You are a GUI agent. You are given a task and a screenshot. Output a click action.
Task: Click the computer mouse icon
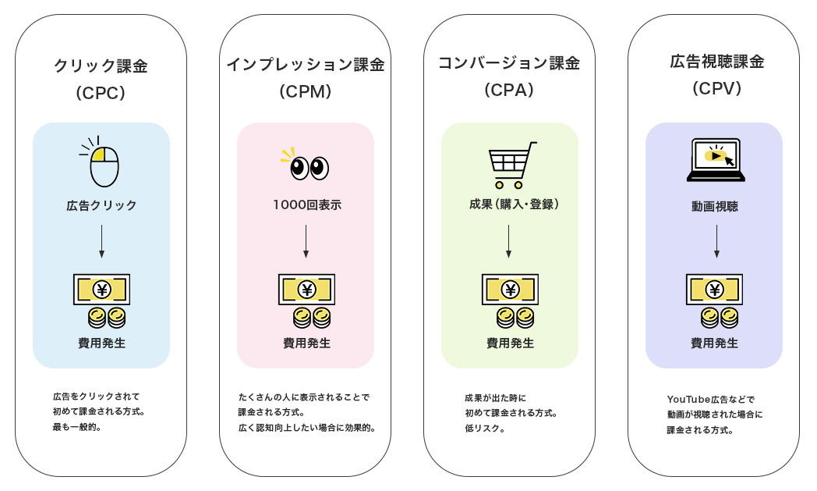[x=103, y=164]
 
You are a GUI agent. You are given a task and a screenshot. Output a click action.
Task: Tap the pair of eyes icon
[x=308, y=165]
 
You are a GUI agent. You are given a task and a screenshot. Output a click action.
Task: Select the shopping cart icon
[x=511, y=165]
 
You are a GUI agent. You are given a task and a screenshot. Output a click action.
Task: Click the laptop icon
[x=716, y=160]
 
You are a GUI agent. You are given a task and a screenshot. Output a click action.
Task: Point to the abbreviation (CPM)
[x=306, y=92]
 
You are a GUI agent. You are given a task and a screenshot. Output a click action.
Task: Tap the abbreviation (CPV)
[x=716, y=89]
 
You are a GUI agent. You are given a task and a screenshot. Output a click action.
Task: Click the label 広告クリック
[x=101, y=205]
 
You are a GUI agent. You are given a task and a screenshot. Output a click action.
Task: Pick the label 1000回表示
[x=306, y=205]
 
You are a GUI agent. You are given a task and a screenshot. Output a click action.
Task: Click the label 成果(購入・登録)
[x=510, y=205]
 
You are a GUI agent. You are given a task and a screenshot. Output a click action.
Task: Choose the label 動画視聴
[x=715, y=207]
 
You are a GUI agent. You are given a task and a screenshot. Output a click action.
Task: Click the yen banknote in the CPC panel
[x=101, y=290]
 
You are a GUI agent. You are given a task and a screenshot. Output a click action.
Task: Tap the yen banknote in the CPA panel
[x=510, y=290]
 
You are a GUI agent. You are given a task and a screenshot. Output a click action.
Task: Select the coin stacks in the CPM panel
[x=312, y=317]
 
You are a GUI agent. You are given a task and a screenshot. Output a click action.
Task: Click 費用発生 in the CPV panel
[x=714, y=343]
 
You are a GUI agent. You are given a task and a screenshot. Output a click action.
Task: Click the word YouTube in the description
[x=687, y=399]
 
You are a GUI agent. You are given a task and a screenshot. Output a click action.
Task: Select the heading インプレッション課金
[x=305, y=65]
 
